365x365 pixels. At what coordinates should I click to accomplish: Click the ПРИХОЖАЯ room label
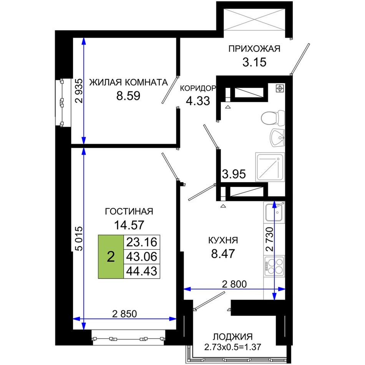(x=254, y=49)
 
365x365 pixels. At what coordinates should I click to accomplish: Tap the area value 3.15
(x=254, y=62)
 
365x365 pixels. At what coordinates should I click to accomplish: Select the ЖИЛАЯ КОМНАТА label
(x=128, y=82)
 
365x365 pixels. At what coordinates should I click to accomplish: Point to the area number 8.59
(x=128, y=96)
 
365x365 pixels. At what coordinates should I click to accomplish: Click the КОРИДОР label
(x=198, y=88)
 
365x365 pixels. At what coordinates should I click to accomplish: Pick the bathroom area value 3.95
(x=234, y=174)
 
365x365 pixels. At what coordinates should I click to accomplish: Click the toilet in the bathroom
(x=273, y=118)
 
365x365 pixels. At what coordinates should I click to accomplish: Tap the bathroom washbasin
(x=277, y=138)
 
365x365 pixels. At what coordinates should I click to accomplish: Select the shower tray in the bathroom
(x=270, y=167)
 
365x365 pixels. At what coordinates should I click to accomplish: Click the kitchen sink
(x=274, y=212)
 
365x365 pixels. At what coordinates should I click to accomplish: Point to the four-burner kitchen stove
(x=274, y=266)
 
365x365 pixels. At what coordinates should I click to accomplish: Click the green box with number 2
(x=111, y=257)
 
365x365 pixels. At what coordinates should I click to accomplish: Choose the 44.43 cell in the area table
(x=141, y=271)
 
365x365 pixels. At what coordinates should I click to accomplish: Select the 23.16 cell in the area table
(x=141, y=242)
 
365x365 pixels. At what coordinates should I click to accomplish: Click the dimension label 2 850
(x=124, y=314)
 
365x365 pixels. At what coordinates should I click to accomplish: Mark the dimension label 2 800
(x=234, y=284)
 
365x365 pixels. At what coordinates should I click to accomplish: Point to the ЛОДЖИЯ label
(x=233, y=337)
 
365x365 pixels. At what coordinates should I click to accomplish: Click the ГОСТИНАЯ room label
(x=129, y=212)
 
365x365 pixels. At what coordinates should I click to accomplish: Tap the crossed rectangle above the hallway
(x=254, y=20)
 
